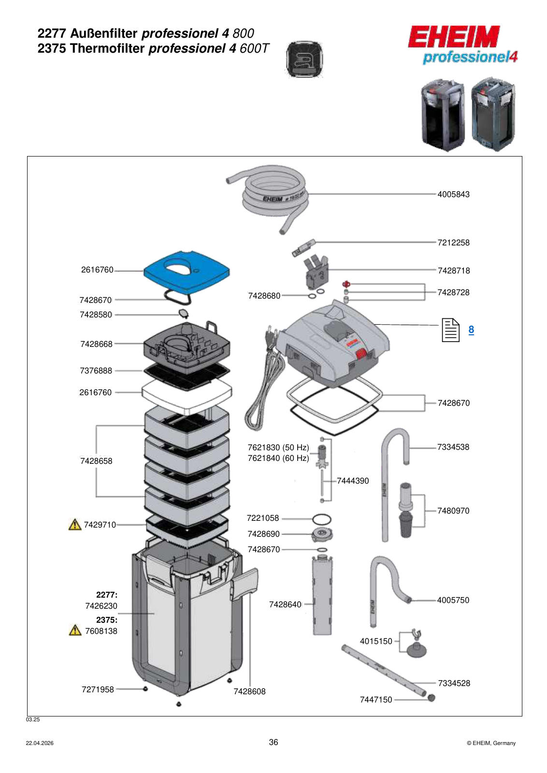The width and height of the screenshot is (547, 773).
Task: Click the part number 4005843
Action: coord(453,194)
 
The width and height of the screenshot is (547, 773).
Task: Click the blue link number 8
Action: coord(471,330)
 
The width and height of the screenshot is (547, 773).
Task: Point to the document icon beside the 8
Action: coord(450,330)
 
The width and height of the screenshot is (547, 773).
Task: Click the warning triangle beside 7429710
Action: coord(74,525)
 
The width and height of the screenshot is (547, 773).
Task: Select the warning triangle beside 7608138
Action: coord(74,630)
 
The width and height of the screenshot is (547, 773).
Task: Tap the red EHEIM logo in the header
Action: coord(454,36)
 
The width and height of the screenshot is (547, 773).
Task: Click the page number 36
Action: coord(273,742)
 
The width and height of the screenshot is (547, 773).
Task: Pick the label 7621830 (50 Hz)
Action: coord(278,447)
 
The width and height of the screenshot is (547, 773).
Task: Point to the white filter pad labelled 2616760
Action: coord(187,396)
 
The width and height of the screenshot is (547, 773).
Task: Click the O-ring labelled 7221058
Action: coord(321,519)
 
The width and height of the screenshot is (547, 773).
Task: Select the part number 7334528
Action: coord(454,683)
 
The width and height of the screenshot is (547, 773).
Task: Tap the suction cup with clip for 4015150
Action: coord(416,644)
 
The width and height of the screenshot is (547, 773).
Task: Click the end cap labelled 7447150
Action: coord(431,698)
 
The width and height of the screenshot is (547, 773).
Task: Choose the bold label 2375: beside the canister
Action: coord(107,620)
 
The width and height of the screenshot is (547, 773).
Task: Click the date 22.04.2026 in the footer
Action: coord(40,744)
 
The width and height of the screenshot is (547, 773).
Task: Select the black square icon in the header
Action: coord(304,60)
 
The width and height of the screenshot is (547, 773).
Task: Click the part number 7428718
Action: coord(453,271)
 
